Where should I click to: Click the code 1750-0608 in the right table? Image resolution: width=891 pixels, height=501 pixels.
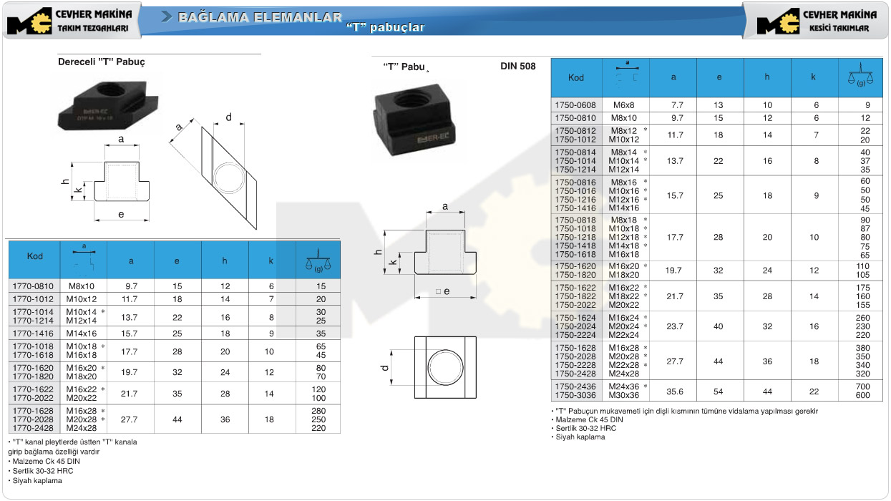point(575,105)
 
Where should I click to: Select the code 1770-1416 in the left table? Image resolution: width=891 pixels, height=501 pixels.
point(33,334)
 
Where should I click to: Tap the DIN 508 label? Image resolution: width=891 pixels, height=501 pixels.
point(518,66)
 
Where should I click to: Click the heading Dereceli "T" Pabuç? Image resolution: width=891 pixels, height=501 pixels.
point(102,62)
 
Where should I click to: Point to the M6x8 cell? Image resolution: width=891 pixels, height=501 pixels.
point(624,105)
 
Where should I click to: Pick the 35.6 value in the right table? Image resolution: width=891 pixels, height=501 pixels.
point(675,391)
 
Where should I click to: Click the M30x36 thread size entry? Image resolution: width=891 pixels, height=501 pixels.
point(624,396)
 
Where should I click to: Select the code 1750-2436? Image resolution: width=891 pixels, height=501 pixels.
point(575,386)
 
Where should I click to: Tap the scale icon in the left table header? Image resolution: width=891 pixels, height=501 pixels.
point(318,261)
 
